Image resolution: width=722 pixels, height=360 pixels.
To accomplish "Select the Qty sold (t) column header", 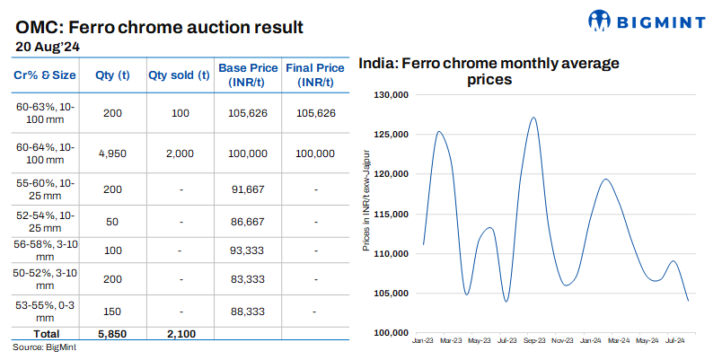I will pyautogui.click(x=179, y=75).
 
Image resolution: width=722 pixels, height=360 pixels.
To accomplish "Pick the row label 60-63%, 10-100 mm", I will pyautogui.click(x=46, y=113).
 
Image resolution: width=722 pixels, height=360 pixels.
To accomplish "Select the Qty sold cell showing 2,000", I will pyautogui.click(x=179, y=154).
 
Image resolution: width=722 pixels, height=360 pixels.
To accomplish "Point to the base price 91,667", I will pyautogui.click(x=249, y=189).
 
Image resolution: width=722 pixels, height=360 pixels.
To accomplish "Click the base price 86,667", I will pyautogui.click(x=249, y=220).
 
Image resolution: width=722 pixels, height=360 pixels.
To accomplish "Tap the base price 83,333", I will pyautogui.click(x=249, y=280).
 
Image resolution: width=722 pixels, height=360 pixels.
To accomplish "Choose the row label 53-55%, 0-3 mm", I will pyautogui.click(x=46, y=311).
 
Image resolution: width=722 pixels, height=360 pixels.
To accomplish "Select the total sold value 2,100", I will pyautogui.click(x=179, y=333).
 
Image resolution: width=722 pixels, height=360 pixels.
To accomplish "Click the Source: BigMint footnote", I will pyautogui.click(x=44, y=347).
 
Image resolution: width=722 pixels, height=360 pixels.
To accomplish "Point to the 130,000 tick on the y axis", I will pyautogui.click(x=391, y=95).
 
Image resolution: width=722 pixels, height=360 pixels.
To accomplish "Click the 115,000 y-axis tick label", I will pyautogui.click(x=391, y=215).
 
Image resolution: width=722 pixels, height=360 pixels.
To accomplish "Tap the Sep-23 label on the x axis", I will pyautogui.click(x=535, y=341).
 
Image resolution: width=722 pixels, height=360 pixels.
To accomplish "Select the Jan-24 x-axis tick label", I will pyautogui.click(x=591, y=341).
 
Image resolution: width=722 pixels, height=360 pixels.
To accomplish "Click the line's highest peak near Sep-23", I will pyautogui.click(x=533, y=118).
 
